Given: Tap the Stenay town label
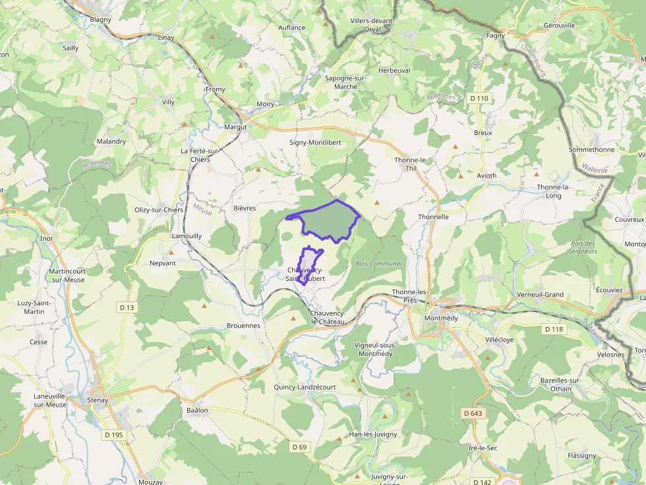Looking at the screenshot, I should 97,399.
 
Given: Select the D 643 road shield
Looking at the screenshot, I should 473,413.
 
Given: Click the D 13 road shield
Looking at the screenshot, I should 127,307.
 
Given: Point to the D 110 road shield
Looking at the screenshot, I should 479,98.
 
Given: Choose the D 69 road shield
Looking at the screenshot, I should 299,447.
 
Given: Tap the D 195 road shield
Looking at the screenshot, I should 114,434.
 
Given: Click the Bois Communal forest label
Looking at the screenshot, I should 378,263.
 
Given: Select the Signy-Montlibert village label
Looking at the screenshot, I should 315,142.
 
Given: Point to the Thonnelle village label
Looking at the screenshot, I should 433,217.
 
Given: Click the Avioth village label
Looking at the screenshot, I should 486,176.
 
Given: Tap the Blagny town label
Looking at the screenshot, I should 101,20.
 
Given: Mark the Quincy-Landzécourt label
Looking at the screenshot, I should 305,387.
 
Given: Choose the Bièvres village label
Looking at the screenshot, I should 244,208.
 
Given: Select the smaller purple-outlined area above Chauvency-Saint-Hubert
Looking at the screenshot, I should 309,259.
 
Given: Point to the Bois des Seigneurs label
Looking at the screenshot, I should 582,247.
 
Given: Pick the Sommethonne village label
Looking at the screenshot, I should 591,149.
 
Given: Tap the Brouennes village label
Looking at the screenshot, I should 243,325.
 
